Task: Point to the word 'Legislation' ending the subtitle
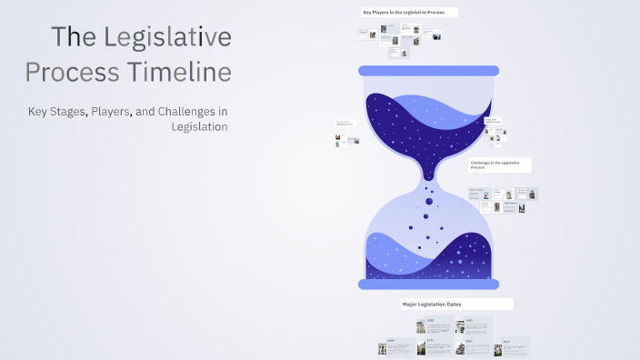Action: pos(199,126)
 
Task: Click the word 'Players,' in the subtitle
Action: pos(106,111)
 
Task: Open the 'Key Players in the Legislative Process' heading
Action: pos(408,13)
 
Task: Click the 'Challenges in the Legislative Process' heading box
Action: pos(499,165)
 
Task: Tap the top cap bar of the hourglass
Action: pos(428,70)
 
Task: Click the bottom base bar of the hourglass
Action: pos(428,285)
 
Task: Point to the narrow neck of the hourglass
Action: pos(428,174)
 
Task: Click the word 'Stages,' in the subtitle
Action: pos(66,111)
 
